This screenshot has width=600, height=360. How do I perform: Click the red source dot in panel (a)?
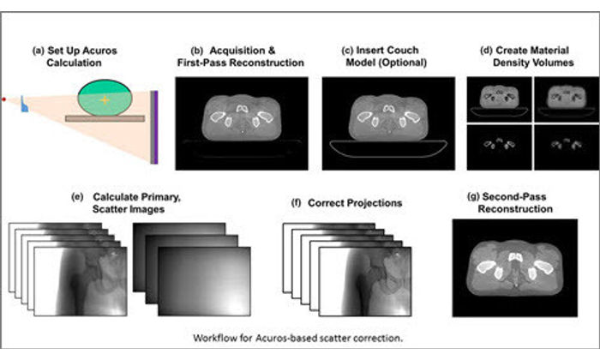point(5,100)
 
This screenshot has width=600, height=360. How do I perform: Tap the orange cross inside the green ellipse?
point(104,100)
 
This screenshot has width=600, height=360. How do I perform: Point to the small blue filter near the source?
point(26,106)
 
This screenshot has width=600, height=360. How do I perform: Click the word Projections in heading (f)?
point(345,203)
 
